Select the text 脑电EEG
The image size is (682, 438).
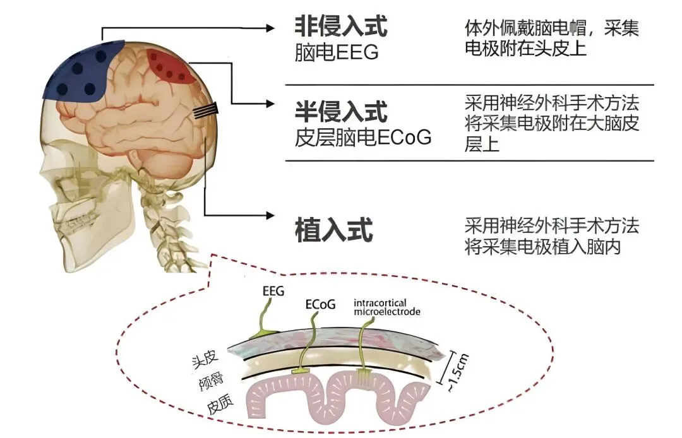coord(336,52)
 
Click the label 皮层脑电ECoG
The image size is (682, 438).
coord(363,137)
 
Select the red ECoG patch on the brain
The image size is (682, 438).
coord(170,67)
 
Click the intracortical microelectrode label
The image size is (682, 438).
coord(386,306)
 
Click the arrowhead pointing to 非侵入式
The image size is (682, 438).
coord(270,28)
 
